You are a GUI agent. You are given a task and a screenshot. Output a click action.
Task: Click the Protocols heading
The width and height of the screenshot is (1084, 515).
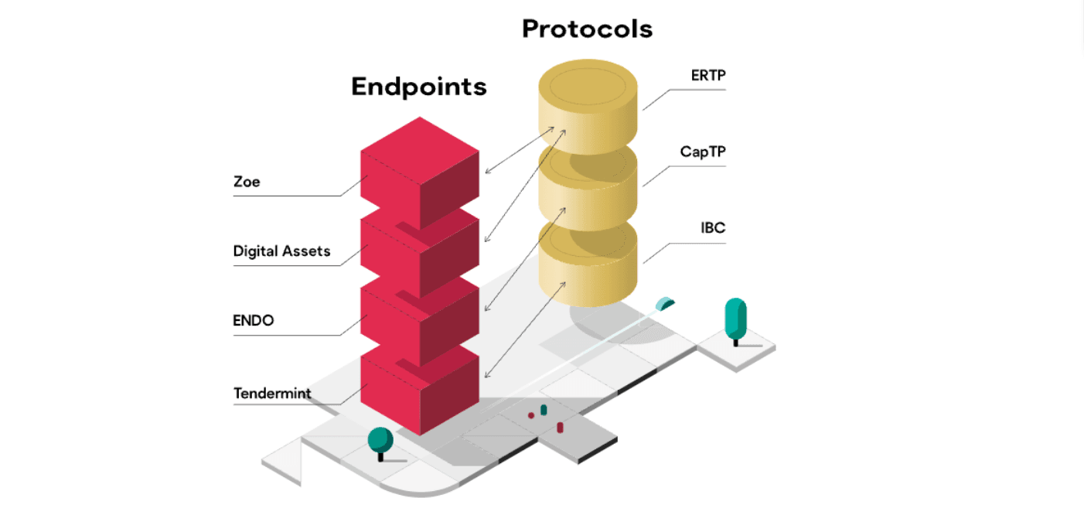(x=587, y=29)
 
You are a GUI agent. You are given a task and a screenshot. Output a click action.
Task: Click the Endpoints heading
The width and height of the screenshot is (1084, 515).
(x=418, y=86)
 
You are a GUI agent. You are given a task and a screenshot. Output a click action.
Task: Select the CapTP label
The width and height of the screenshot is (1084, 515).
(x=703, y=152)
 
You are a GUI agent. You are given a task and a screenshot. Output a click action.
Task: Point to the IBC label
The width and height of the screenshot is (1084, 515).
(x=712, y=228)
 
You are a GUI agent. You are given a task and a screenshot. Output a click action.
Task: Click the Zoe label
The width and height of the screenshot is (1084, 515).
(x=247, y=182)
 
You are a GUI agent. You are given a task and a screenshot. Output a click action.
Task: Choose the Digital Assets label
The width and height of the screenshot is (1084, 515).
(x=281, y=251)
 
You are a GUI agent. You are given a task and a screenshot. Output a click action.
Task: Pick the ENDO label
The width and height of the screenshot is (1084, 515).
(x=254, y=320)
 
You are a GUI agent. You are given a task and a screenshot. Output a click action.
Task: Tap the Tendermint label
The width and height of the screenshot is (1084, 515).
(x=272, y=394)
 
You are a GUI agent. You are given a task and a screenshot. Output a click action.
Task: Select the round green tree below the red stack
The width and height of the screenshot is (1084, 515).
(x=380, y=440)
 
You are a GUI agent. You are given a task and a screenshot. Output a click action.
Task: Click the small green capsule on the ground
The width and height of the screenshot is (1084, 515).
(x=544, y=409)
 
